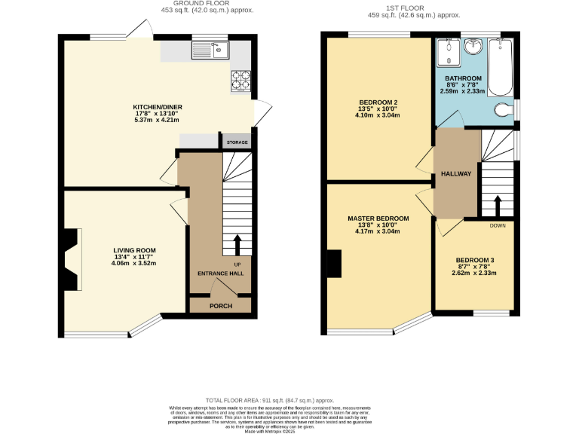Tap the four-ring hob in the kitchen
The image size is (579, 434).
point(240,79)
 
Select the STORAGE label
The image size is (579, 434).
point(237,142)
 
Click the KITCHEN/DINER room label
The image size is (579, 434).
point(158,107)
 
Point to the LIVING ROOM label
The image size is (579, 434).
point(134,250)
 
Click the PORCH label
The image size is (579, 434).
point(220,306)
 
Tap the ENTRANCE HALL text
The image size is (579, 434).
point(220,274)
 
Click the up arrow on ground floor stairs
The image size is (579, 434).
point(238,246)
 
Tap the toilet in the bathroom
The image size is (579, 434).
point(504,111)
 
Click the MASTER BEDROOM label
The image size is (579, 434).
point(378,219)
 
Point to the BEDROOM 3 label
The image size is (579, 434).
point(475,260)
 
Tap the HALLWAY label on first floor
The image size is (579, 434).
point(456,173)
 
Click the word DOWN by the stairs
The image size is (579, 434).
point(498,225)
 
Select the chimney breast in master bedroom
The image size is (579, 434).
point(335,263)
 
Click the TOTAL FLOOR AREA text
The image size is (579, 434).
point(269,401)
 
